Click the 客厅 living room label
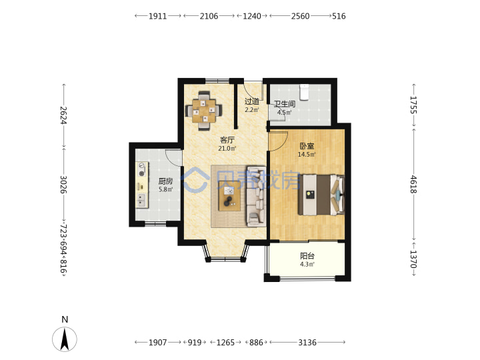pyautogui.click(x=227, y=140)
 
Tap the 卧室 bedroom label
pyautogui.click(x=307, y=146)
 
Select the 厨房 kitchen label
pyautogui.click(x=165, y=181)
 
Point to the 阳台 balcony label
pyautogui.click(x=307, y=256)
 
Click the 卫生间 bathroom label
pyautogui.click(x=285, y=104)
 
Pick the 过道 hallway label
pyautogui.click(x=252, y=101)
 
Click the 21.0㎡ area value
pyautogui.click(x=227, y=149)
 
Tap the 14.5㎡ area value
pyautogui.click(x=307, y=155)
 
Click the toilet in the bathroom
pyautogui.click(x=304, y=92)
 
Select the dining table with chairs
pyautogui.click(x=204, y=111)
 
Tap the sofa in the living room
pyautogui.click(x=256, y=197)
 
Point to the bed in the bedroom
pyautogui.click(x=321, y=195)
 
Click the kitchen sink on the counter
pyautogui.click(x=141, y=200)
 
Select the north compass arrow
pyautogui.click(x=65, y=339)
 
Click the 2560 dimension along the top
pyautogui.click(x=300, y=16)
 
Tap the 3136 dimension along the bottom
pyautogui.click(x=307, y=342)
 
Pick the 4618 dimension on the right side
pyautogui.click(x=413, y=184)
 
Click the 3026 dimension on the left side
pyautogui.click(x=63, y=184)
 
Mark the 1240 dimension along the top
pyautogui.click(x=252, y=16)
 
